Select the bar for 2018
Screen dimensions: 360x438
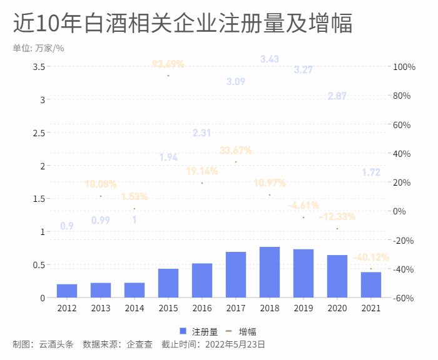point(270,272)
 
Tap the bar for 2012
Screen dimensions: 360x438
point(67,291)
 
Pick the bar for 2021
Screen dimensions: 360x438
point(371,284)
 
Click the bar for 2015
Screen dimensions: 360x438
point(168,282)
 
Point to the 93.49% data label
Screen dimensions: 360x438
point(168,64)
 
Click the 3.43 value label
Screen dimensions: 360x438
point(270,59)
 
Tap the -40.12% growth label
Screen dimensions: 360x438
point(370,257)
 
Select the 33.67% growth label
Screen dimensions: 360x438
point(235,150)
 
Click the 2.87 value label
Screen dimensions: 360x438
point(337,96)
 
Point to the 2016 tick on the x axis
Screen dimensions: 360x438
point(202,307)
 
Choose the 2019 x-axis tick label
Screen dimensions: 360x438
point(303,307)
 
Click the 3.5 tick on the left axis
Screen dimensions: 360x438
point(39,67)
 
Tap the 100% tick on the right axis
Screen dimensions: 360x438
point(404,67)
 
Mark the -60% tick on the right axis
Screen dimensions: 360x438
point(404,298)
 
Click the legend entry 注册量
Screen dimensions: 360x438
point(199,331)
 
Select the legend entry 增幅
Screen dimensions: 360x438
point(242,331)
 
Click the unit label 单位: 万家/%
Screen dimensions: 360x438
point(38,48)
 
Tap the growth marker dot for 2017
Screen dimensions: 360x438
point(236,162)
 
